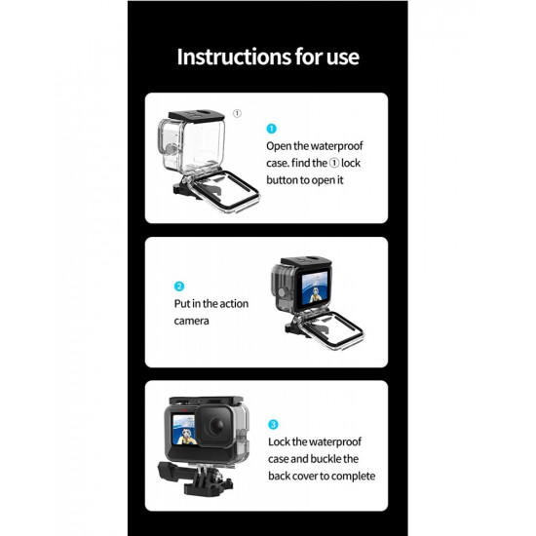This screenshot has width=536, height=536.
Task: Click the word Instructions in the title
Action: pos(226,56)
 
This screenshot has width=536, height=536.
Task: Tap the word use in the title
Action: pos(340,56)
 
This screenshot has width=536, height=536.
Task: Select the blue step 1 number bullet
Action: pos(272,128)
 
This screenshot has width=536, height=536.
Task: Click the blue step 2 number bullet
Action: pos(179,287)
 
